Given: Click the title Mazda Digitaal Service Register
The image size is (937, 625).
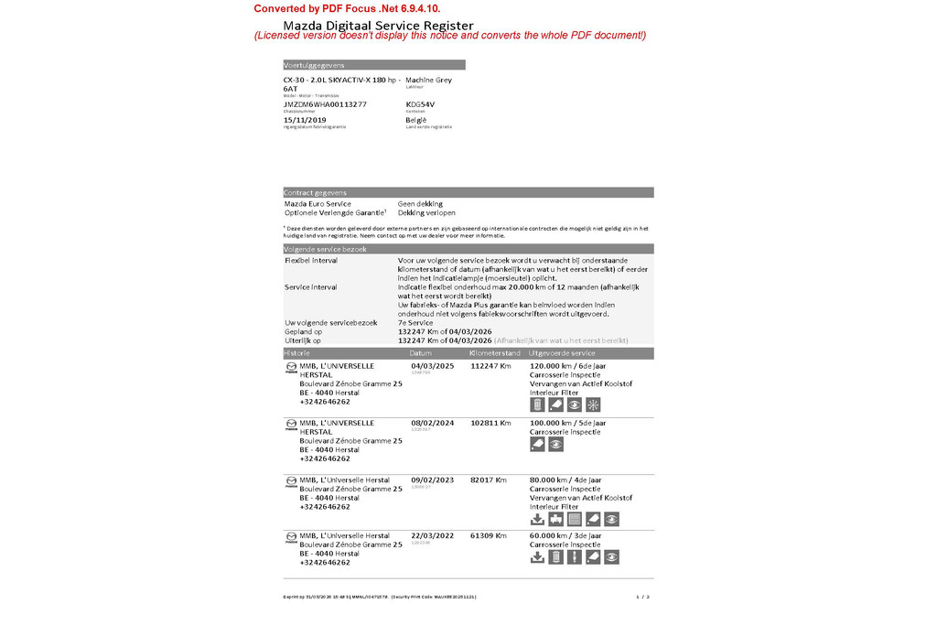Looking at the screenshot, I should click(378, 25).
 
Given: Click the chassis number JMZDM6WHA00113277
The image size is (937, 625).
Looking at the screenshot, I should click(325, 104).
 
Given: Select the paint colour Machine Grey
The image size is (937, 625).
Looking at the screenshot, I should click(428, 80).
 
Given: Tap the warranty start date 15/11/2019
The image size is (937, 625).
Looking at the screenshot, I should click(305, 120).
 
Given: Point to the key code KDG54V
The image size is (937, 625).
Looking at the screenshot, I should click(420, 104).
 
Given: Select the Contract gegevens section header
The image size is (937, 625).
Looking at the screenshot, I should click(316, 193).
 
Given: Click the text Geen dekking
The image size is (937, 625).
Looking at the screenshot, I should click(420, 204).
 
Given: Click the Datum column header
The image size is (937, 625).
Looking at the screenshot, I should click(421, 353).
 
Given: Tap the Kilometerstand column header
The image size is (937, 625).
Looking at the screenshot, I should click(494, 353).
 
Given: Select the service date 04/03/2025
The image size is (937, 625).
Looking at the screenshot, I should click(432, 365).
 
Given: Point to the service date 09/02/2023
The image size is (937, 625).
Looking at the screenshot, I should click(432, 480).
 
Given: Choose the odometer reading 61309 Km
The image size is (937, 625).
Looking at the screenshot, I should click(489, 535).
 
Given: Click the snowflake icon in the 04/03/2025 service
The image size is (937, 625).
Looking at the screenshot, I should click(593, 405).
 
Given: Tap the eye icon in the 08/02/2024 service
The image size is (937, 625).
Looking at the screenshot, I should click(555, 445).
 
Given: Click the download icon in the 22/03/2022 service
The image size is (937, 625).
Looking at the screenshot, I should click(537, 556).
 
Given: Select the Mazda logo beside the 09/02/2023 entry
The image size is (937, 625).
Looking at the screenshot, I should click(291, 481).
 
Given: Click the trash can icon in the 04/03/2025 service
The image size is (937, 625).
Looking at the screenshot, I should click(537, 405).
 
